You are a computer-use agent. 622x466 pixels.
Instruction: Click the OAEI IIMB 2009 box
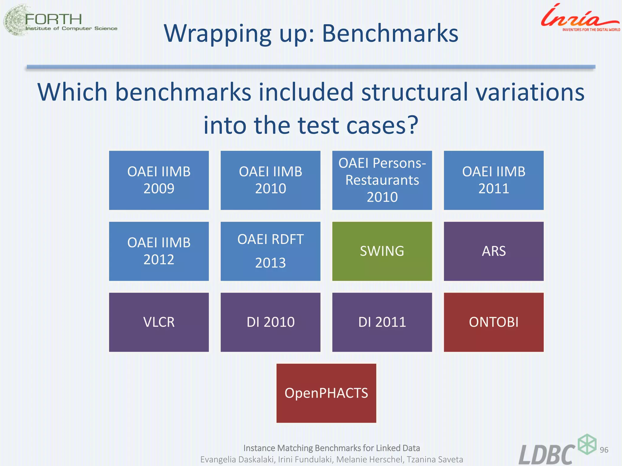pos(159,180)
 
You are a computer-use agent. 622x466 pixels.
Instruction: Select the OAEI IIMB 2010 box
pos(270,180)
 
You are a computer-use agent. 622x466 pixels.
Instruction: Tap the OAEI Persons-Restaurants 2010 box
pos(382,180)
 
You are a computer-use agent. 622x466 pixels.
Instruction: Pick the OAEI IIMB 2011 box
pos(494,180)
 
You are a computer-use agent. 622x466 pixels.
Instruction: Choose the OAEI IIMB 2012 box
pos(159,251)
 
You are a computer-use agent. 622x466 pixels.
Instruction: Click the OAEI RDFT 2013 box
pos(270,251)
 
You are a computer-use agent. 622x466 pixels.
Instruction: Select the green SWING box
pos(382,251)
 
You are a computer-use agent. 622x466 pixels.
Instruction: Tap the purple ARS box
pos(494,251)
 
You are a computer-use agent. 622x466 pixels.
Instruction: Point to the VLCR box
pos(159,322)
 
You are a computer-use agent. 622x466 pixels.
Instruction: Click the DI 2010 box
pos(270,322)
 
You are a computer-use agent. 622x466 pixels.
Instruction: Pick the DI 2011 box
pos(382,322)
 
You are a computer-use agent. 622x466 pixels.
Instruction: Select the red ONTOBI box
pos(494,322)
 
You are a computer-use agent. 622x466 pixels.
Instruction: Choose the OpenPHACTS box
pos(326,393)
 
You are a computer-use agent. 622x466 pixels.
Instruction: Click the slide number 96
pos(604,450)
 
